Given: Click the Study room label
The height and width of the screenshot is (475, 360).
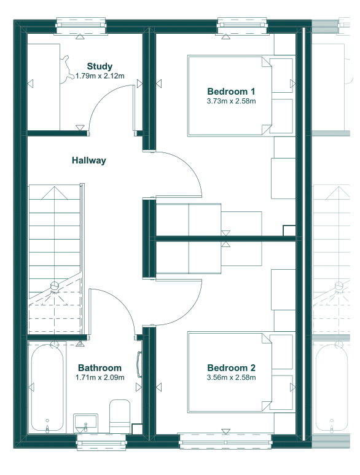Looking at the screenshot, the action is (100, 66).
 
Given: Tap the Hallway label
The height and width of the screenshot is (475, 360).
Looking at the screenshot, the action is (89, 160).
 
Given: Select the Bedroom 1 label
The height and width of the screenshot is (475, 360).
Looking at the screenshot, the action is (231, 91).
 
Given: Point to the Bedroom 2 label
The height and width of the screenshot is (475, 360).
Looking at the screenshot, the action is (231, 367).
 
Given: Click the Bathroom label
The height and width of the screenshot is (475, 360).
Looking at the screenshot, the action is (100, 367).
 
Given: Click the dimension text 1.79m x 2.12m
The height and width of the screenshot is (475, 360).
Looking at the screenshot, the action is (100, 76).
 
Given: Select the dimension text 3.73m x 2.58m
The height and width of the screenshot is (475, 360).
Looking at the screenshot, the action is (231, 101).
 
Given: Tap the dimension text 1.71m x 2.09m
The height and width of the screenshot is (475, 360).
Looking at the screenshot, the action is (100, 377).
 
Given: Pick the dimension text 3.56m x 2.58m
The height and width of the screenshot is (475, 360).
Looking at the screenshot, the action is (231, 377).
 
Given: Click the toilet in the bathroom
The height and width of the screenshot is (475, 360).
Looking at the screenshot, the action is (120, 416).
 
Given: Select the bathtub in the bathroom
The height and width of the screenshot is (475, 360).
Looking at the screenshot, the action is (47, 387).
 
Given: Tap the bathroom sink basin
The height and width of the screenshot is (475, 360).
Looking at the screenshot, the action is (85, 423).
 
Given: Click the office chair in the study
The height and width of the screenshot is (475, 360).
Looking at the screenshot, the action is (67, 69).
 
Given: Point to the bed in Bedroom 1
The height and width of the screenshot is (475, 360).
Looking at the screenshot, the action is (230, 95).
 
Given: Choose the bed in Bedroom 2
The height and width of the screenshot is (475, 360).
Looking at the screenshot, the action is (230, 372).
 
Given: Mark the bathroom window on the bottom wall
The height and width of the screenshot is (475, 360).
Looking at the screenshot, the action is (101, 442).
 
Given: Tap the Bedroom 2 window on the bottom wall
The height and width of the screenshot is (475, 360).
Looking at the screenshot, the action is (225, 442).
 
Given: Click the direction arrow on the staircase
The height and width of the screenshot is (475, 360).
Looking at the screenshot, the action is (55, 193).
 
